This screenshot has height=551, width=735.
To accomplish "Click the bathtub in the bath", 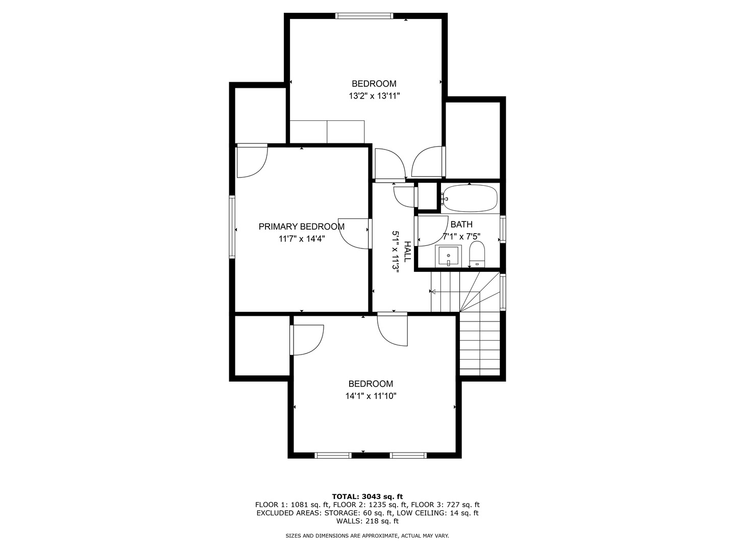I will click(470, 198).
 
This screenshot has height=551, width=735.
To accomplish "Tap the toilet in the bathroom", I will click(477, 254).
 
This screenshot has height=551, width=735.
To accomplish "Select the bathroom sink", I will click(448, 256).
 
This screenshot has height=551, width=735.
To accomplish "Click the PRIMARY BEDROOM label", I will click(301, 227).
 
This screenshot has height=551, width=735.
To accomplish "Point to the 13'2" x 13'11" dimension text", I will click(374, 96).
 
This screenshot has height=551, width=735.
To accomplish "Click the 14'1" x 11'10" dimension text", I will click(371, 396).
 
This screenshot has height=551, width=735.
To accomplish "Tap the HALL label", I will click(407, 252).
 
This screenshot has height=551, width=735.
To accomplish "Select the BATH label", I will click(461, 224).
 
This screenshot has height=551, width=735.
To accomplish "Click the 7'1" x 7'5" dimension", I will click(461, 237).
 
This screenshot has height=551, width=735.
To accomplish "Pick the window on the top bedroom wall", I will click(364, 16).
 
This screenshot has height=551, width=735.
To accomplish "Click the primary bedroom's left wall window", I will click(232, 227).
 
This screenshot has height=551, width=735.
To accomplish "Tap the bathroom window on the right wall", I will click(503, 229).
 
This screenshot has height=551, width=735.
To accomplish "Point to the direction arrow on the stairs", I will click(433, 292).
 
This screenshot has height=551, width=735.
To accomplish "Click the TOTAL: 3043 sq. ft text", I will click(367, 496).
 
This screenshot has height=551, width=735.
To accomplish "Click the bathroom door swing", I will click(431, 231).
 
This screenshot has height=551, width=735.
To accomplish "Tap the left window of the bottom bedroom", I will click(333, 455).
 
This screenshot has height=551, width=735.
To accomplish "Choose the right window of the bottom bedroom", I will click(408, 455).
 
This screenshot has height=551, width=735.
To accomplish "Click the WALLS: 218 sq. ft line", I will click(367, 521).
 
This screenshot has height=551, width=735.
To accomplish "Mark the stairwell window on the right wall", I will click(503, 292).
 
